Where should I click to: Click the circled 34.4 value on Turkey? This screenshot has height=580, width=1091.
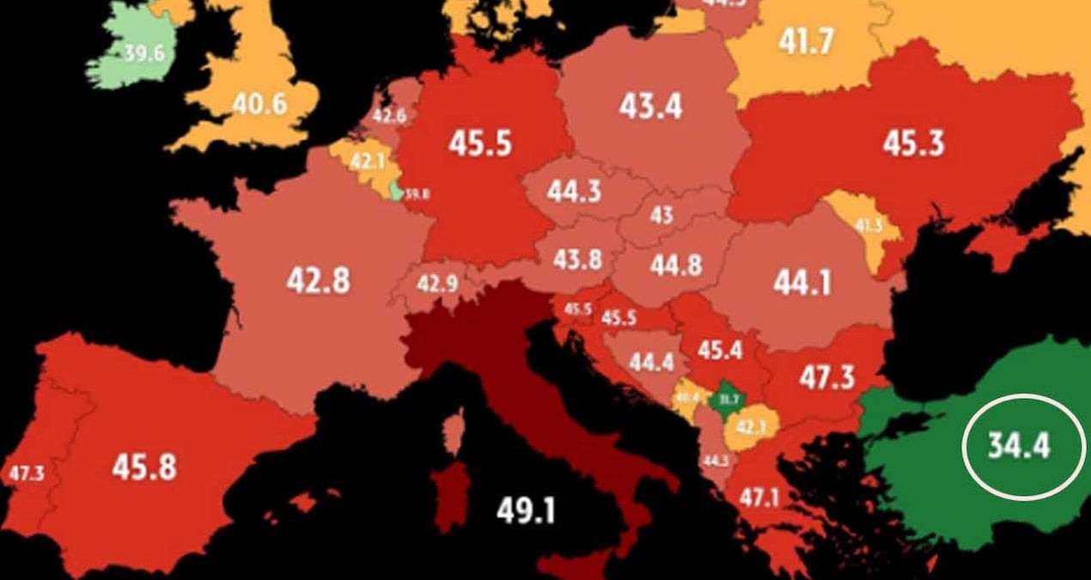point(1019,447)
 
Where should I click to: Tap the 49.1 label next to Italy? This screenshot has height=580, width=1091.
point(526,511)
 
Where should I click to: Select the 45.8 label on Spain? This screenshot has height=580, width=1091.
point(143,467)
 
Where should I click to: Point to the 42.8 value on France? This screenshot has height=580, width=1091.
point(318,280)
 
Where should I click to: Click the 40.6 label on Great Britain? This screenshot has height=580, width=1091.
point(259,104)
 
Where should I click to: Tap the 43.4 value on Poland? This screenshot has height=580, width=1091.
point(650,107)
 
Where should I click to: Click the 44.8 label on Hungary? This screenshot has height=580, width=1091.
point(676,266)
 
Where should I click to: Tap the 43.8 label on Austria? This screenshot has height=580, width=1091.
point(576,258)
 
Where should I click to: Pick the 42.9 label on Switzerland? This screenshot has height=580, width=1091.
point(437,283)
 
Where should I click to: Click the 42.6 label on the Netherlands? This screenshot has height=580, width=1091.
point(388,116)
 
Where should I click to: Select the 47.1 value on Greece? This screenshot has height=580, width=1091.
point(758,497)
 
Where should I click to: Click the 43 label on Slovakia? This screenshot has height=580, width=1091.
point(661,215)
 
